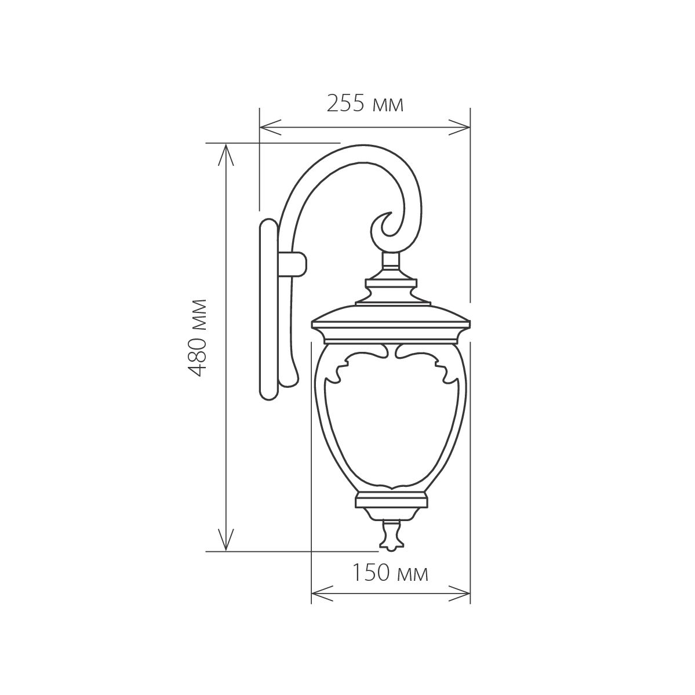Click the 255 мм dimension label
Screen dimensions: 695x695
click(365, 104)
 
